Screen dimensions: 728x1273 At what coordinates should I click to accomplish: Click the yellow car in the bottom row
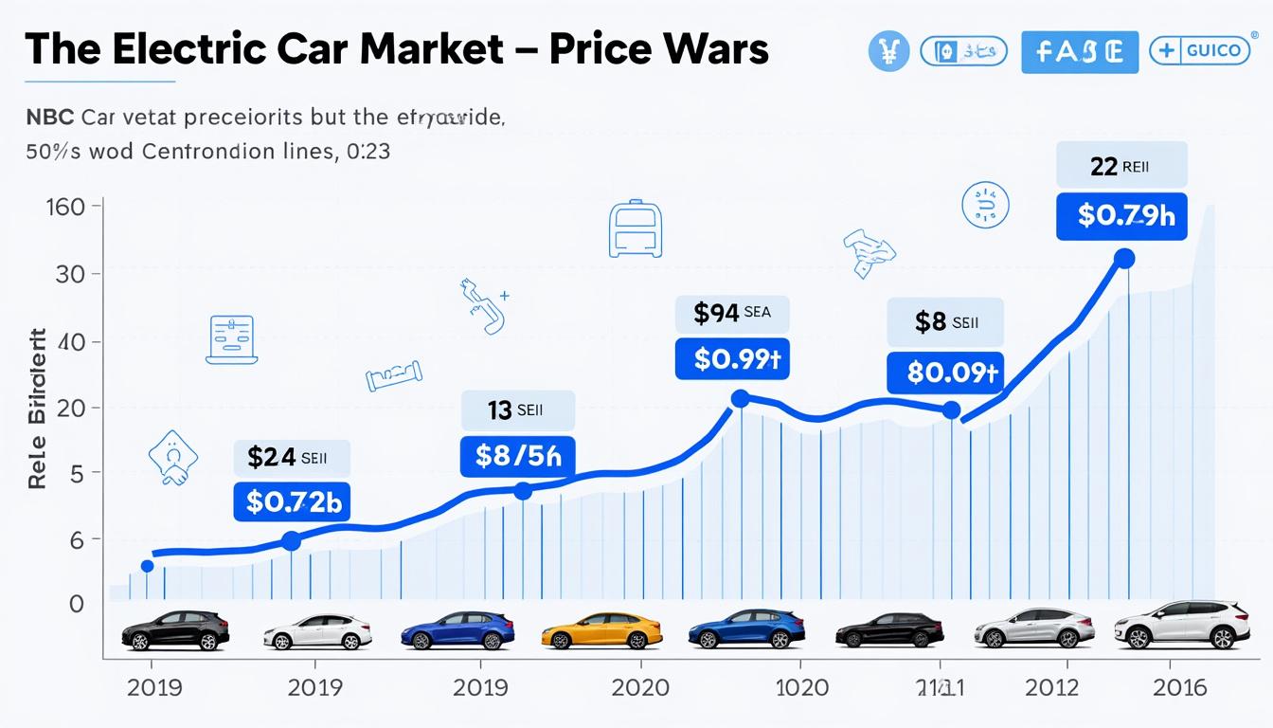(x=601, y=629)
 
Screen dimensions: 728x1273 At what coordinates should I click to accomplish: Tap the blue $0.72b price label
(x=292, y=501)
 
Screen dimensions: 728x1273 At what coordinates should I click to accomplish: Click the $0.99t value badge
(x=732, y=359)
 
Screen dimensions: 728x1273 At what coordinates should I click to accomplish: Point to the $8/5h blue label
(x=517, y=457)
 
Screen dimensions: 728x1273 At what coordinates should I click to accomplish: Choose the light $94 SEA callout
(x=731, y=314)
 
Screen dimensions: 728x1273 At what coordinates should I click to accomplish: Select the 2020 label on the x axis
(x=640, y=687)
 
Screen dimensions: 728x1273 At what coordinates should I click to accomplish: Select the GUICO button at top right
(x=1199, y=50)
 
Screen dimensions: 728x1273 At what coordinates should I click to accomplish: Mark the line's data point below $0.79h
(x=1124, y=258)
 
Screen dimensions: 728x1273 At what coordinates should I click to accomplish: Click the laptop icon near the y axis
(x=231, y=339)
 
